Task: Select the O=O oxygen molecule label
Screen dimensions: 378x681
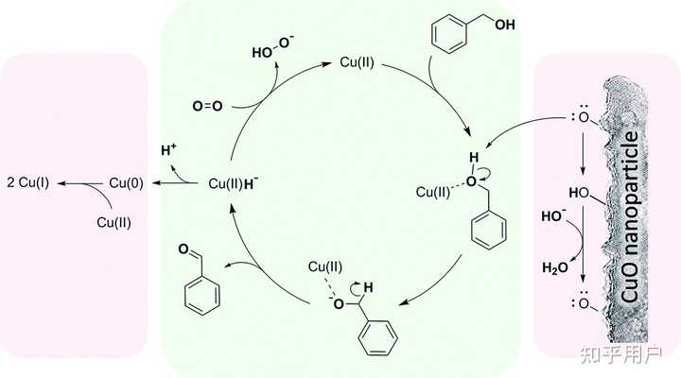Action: click(206, 106)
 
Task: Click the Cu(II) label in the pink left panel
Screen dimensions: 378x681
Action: click(116, 222)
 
